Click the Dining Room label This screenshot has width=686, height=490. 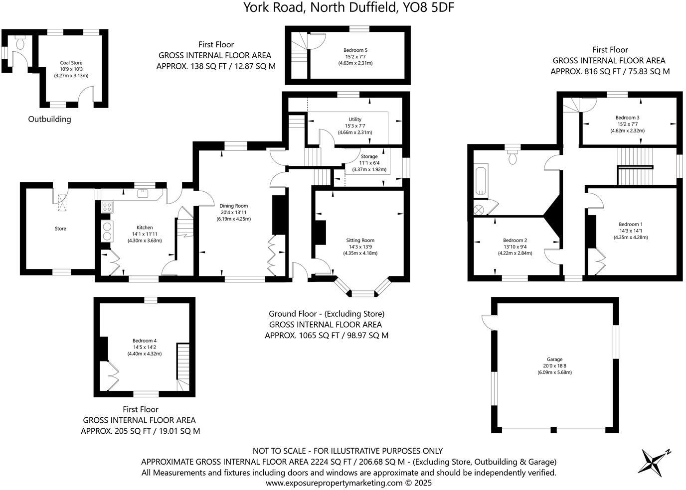pyautogui.click(x=233, y=206)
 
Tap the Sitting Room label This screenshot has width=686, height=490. pyautogui.click(x=360, y=240)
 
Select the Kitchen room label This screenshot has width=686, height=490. pyautogui.click(x=145, y=228)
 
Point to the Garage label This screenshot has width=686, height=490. pyautogui.click(x=554, y=359)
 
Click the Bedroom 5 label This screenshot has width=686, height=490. pyautogui.click(x=355, y=50)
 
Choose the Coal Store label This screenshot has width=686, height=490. pyautogui.click(x=71, y=63)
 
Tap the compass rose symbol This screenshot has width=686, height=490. pyautogui.click(x=654, y=461)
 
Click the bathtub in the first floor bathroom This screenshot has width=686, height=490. pyautogui.click(x=481, y=181)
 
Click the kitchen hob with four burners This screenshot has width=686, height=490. pyautogui.click(x=107, y=207)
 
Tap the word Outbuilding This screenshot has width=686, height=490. pyautogui.click(x=49, y=119)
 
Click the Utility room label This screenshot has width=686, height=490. pyautogui.click(x=355, y=120)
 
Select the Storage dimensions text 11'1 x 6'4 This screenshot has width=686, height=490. pyautogui.click(x=369, y=163)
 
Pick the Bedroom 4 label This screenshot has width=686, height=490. pyautogui.click(x=145, y=341)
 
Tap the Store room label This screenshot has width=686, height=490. pyautogui.click(x=60, y=229)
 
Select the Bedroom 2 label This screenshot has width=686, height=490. pyautogui.click(x=515, y=240)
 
